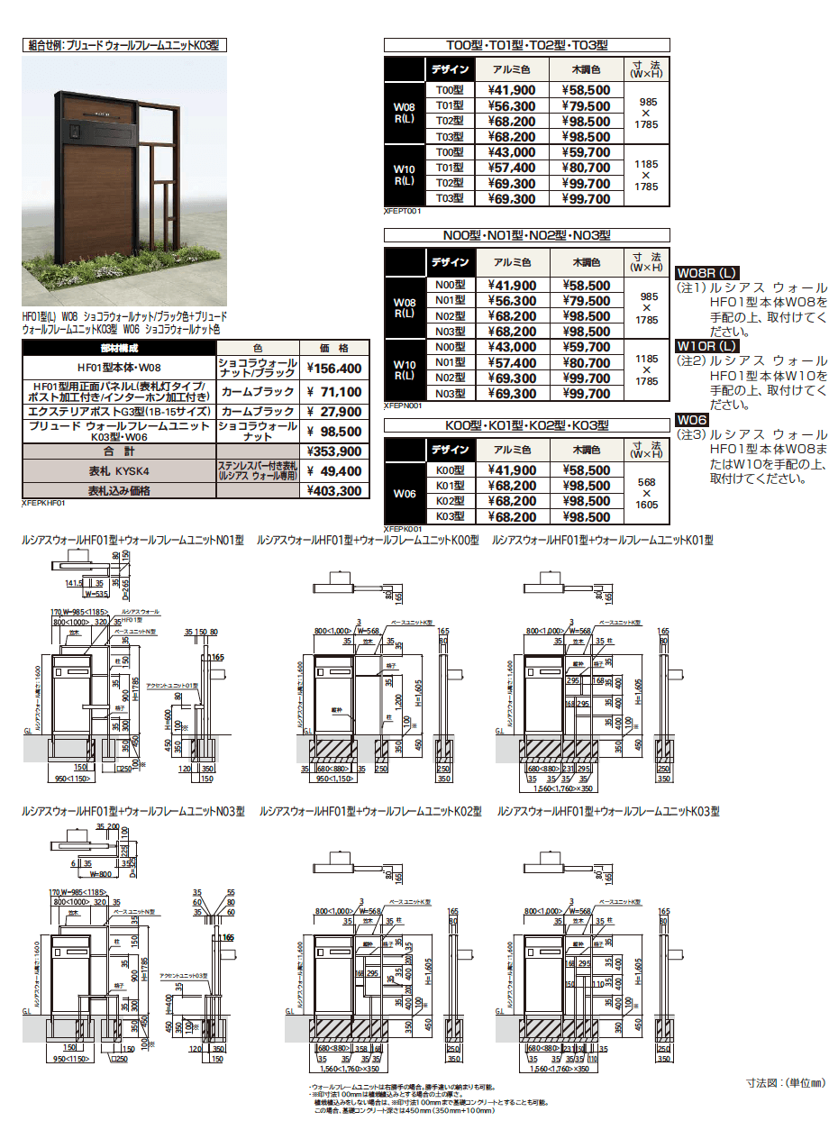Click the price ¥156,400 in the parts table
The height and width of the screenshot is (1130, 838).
click(334, 369)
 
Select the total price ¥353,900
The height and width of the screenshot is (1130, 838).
click(334, 451)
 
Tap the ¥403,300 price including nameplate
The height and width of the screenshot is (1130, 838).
click(334, 491)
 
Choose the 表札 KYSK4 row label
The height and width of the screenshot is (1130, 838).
click(118, 471)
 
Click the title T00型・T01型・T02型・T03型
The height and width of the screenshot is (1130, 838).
click(527, 45)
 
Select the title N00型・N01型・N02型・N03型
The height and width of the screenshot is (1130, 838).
click(527, 235)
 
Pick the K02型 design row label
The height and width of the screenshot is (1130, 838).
click(449, 501)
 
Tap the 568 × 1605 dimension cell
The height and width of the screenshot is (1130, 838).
click(646, 493)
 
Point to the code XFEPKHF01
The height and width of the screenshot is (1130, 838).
click(42, 505)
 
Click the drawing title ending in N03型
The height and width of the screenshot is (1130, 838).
click(132, 812)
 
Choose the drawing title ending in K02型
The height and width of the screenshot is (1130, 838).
click(370, 812)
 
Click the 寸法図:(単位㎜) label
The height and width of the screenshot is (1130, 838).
click(785, 1081)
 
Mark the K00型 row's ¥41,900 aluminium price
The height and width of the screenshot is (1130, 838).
click(512, 470)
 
